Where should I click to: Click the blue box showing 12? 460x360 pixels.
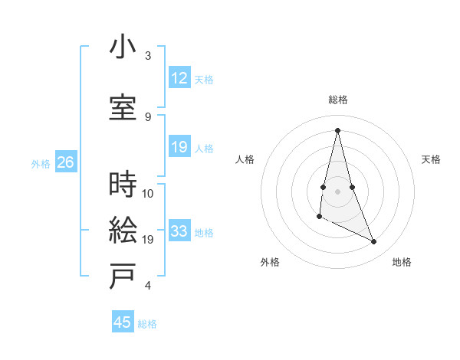click(x=179, y=78)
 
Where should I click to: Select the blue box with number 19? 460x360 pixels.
click(x=179, y=147)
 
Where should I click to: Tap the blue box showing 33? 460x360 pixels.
click(x=179, y=231)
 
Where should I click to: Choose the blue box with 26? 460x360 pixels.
click(x=65, y=162)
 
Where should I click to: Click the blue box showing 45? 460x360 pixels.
click(x=122, y=322)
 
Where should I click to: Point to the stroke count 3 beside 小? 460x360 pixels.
click(x=148, y=57)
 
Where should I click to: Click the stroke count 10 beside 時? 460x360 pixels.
click(x=148, y=194)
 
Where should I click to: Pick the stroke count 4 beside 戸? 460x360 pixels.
click(x=148, y=286)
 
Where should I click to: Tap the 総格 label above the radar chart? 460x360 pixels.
click(x=338, y=100)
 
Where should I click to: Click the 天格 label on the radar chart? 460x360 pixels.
click(x=431, y=159)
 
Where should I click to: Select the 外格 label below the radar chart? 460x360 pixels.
click(x=270, y=262)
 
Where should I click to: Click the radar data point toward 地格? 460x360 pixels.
click(x=374, y=242)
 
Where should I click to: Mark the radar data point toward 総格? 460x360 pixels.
click(x=338, y=129)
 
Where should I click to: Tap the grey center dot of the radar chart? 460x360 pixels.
click(x=338, y=190)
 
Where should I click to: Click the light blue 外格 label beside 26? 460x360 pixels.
click(x=41, y=163)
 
